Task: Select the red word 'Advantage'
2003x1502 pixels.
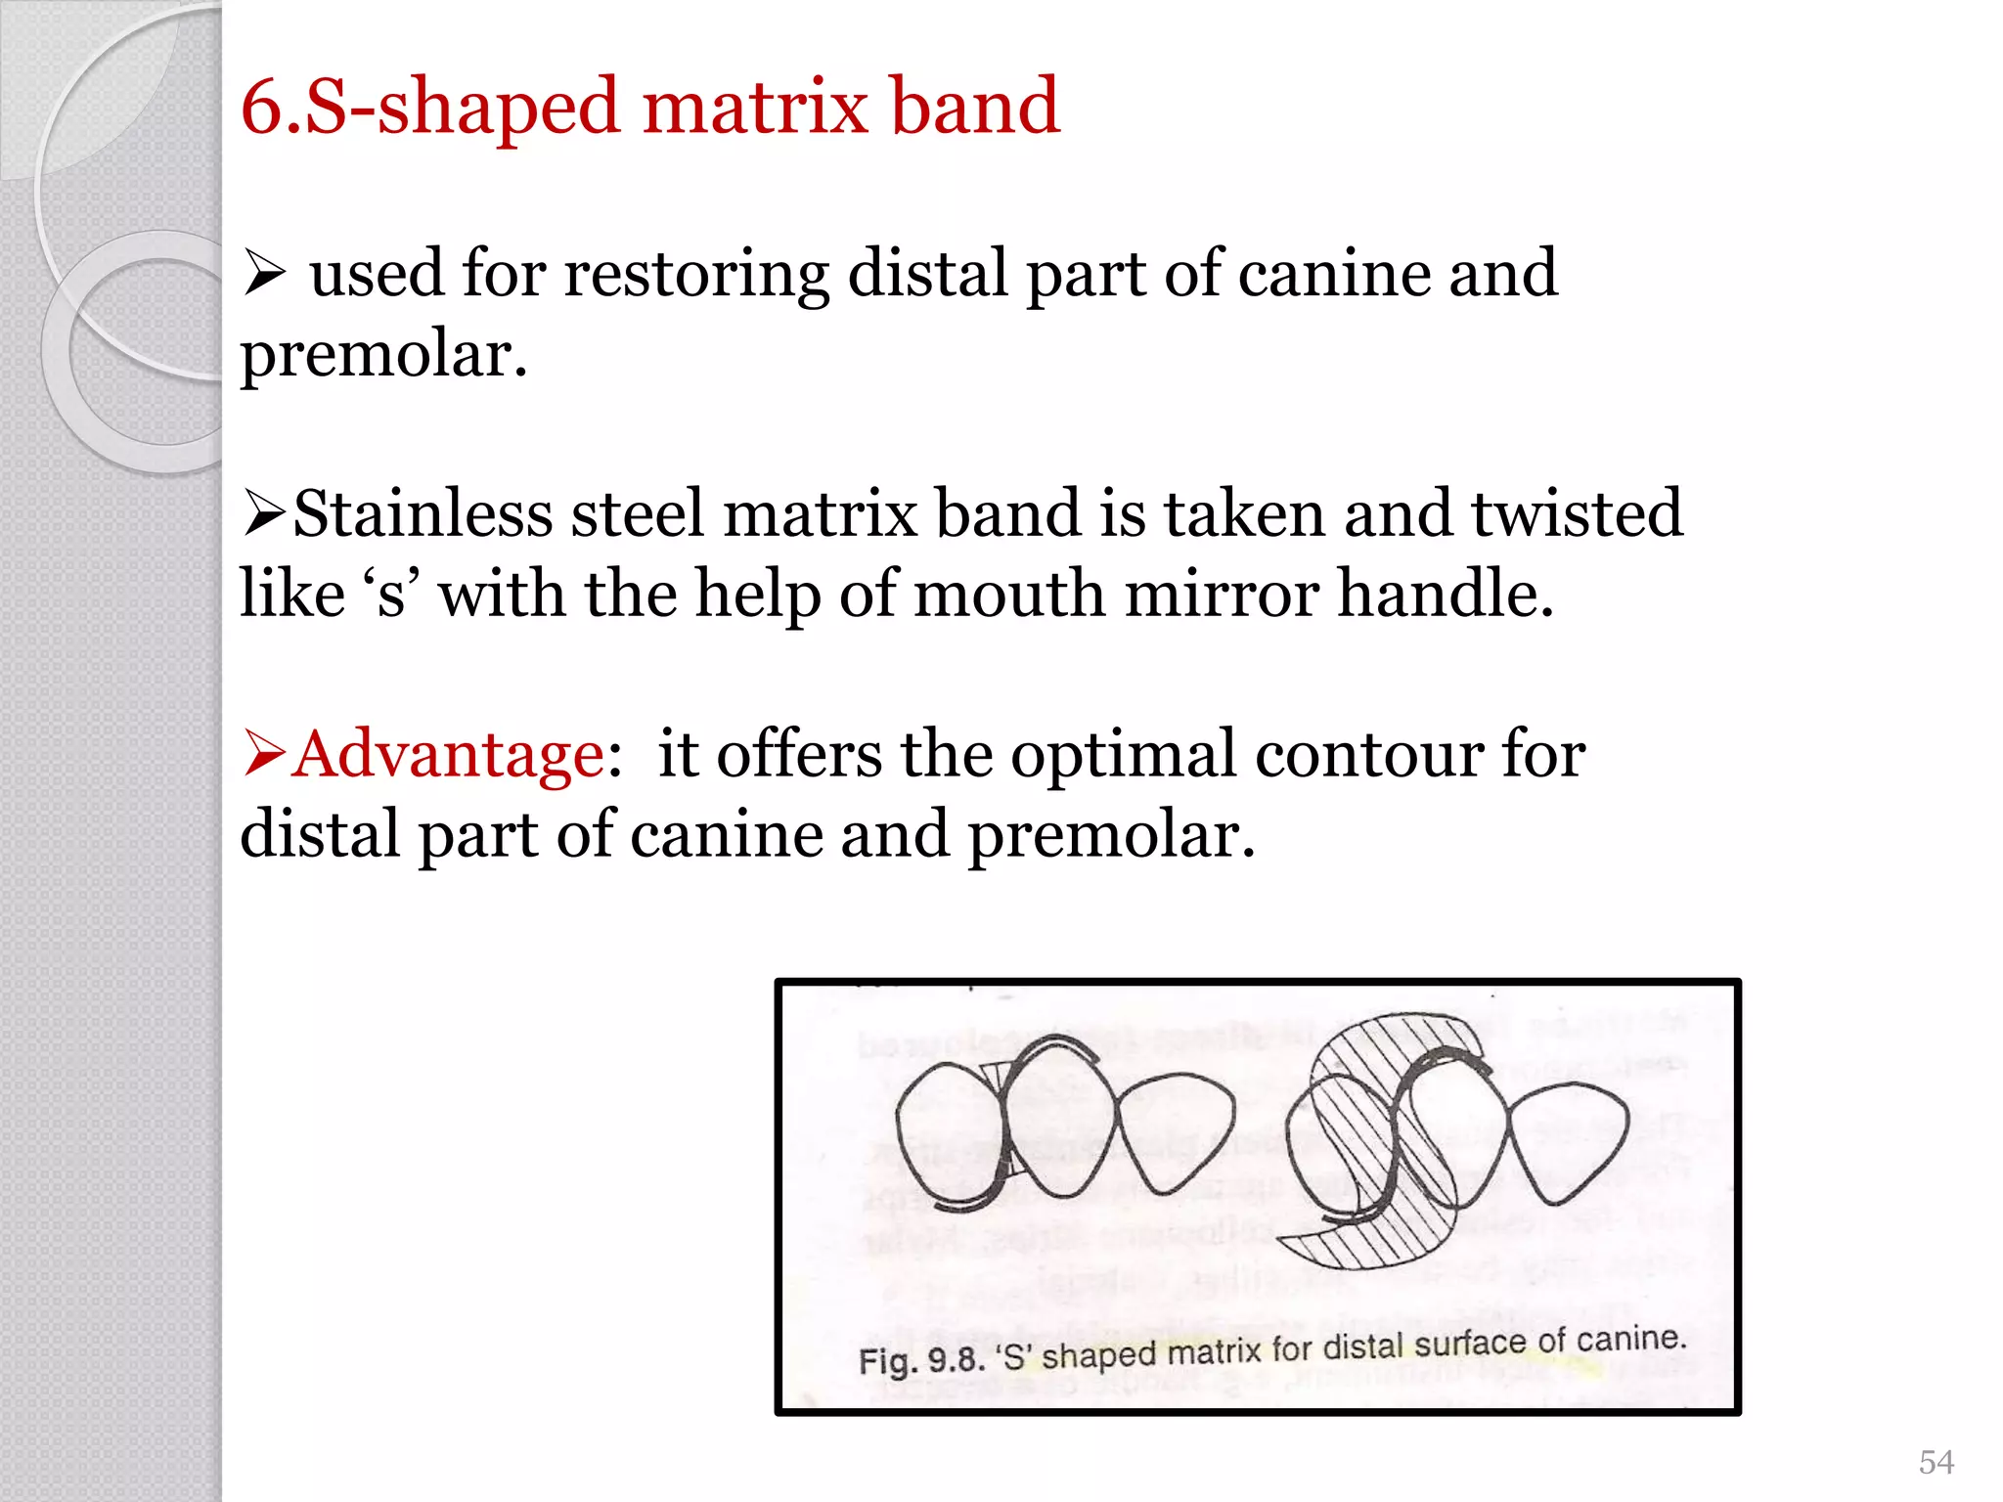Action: coord(449,755)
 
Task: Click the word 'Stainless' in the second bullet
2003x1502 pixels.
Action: coord(423,514)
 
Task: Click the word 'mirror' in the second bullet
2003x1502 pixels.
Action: coord(1222,595)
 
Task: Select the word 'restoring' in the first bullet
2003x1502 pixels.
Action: coord(696,274)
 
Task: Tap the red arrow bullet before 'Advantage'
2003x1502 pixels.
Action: coord(264,754)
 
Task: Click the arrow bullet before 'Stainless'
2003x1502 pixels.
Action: coord(264,513)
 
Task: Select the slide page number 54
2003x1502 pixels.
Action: coord(1936,1462)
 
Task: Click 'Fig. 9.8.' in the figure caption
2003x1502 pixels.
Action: coord(921,1360)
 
